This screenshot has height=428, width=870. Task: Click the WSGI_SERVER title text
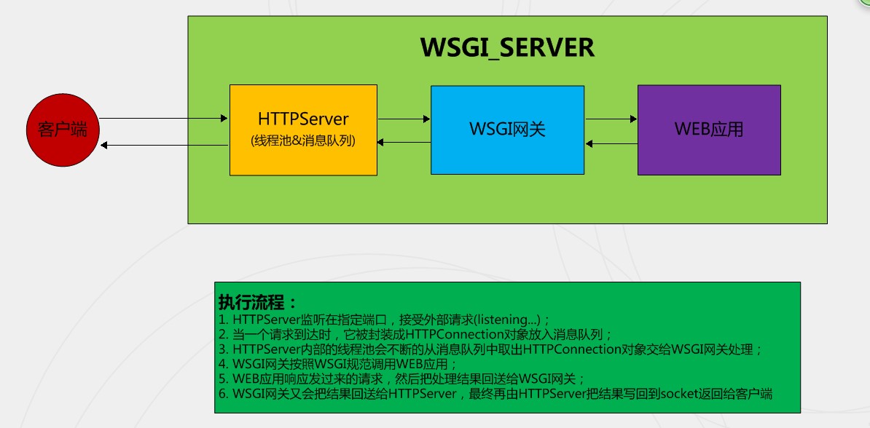(507, 48)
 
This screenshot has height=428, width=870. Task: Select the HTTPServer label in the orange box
(303, 119)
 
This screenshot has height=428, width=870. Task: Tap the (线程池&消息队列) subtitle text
(303, 141)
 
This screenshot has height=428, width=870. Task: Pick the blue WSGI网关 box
(507, 130)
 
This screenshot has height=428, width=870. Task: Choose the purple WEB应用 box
(709, 130)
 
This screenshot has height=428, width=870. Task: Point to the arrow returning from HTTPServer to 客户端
(164, 146)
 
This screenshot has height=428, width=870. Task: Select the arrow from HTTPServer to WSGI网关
(404, 118)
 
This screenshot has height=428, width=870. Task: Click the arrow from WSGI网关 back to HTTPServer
(404, 143)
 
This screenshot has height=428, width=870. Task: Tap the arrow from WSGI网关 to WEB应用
(611, 118)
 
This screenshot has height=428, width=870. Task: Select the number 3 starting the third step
(222, 349)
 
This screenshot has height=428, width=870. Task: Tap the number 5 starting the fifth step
(222, 379)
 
